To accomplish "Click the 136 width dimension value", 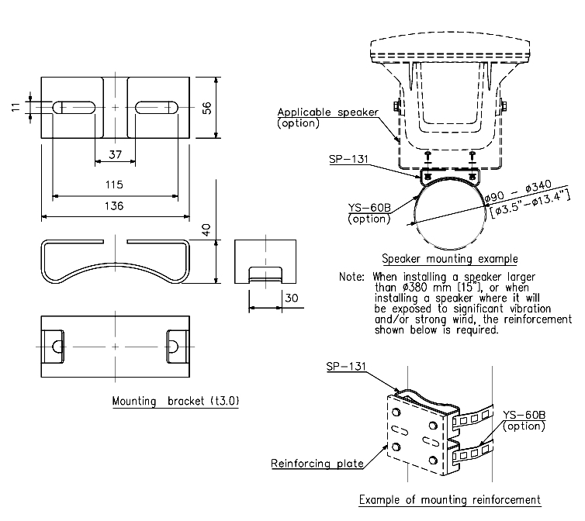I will [x=115, y=206].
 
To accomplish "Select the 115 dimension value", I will [x=115, y=185].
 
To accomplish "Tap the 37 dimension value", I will [x=115, y=154].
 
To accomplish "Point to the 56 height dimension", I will [x=206, y=108].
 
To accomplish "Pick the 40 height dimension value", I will [x=206, y=229].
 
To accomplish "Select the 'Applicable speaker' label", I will [x=327, y=112].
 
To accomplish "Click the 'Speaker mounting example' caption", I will [x=449, y=258].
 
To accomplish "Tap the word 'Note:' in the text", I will [x=354, y=277].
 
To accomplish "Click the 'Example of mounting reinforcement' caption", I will [x=449, y=499].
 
